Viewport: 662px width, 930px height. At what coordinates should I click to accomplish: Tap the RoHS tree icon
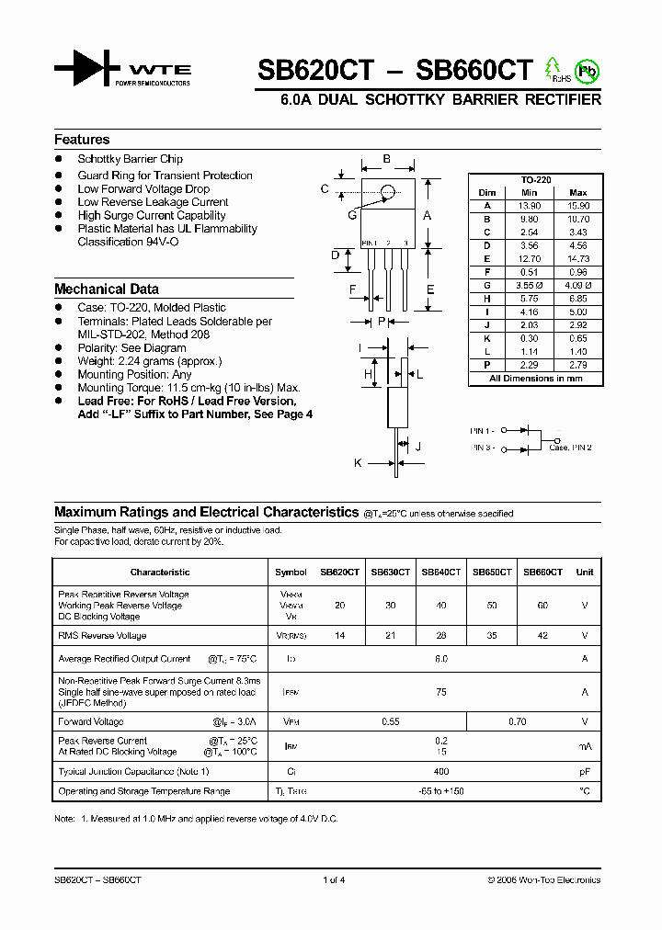[553, 67]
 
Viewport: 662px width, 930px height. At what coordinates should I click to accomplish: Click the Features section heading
[82, 140]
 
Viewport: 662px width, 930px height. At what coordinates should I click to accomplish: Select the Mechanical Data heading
[106, 289]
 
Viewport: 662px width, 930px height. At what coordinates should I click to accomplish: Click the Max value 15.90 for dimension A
[577, 207]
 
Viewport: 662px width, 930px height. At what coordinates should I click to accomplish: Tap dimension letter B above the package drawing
[387, 159]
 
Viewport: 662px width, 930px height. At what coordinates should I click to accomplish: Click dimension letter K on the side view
[358, 463]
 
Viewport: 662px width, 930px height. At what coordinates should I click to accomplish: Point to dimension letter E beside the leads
[430, 290]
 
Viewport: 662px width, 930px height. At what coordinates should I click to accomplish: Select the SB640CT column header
[440, 572]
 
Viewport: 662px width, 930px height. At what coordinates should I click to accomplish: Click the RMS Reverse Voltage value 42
[542, 635]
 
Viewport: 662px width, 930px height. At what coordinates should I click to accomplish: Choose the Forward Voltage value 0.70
[517, 722]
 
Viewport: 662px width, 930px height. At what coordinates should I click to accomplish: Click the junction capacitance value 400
[440, 772]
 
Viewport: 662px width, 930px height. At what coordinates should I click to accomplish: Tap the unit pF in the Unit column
[584, 772]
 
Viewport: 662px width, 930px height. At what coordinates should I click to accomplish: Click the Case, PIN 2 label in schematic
[570, 448]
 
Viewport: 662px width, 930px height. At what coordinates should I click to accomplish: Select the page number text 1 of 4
[334, 879]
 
